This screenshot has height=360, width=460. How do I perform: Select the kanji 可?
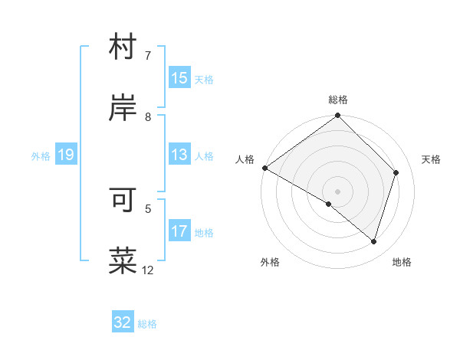[x=123, y=201]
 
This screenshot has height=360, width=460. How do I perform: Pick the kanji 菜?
[x=123, y=260]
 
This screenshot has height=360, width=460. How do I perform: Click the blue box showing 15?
[x=179, y=78]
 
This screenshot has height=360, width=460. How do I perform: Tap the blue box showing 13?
[x=179, y=155]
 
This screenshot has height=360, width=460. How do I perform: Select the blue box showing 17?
[x=179, y=231]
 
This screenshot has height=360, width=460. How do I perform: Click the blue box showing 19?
[x=65, y=155]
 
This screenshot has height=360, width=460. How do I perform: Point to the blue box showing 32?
[x=123, y=322]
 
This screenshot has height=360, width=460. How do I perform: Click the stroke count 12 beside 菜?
[x=148, y=270]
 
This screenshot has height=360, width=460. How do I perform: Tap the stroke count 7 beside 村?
[x=148, y=56]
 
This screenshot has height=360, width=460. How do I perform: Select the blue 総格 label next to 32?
[x=147, y=324]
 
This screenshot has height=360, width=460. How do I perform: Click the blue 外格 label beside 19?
[x=41, y=156]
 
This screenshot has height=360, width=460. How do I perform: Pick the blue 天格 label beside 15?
[x=203, y=80]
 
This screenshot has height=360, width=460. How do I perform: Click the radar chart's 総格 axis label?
[x=338, y=100]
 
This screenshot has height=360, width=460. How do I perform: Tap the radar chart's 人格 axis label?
[x=245, y=159]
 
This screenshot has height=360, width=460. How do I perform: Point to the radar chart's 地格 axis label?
[x=402, y=262]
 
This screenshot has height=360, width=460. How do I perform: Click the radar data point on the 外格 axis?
[x=329, y=204]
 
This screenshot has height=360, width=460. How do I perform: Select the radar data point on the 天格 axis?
[x=396, y=172]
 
